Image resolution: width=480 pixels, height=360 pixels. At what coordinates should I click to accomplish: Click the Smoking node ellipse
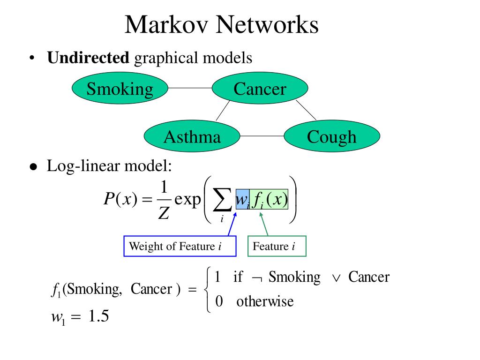pos(120,88)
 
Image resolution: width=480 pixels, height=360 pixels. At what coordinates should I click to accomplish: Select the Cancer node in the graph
pos(260,88)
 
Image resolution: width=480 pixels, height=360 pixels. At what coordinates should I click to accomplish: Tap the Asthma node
pos(192,136)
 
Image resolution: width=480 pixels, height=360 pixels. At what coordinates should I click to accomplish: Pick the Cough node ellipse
pos(332,136)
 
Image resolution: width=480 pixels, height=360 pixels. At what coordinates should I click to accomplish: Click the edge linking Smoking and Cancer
pos(190,88)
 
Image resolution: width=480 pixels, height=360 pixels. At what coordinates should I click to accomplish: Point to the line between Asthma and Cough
pos(262,136)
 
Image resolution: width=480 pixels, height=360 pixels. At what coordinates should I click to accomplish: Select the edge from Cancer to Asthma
pos(223,111)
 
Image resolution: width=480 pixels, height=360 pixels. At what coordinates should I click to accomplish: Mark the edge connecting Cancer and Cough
pos(306,110)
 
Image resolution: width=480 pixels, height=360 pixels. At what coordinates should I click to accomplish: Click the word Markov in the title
pos(166,24)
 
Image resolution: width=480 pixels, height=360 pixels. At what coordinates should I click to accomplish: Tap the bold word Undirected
pos(88,58)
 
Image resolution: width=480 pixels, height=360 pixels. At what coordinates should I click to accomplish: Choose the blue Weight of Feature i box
pos(180,246)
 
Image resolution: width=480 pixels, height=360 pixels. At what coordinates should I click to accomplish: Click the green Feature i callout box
pos(277,246)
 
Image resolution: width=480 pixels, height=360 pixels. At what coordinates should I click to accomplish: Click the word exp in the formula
pos(187,200)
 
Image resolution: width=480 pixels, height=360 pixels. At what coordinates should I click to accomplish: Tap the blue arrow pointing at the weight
pos(232,224)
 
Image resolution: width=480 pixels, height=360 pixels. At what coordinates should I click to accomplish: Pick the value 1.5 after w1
pos(98,316)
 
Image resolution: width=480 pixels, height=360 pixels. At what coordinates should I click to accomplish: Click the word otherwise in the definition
pos(265,301)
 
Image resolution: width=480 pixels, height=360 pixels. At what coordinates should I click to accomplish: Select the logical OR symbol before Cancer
pos(336,278)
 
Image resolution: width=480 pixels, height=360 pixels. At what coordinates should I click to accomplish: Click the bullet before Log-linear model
pos(33,167)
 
